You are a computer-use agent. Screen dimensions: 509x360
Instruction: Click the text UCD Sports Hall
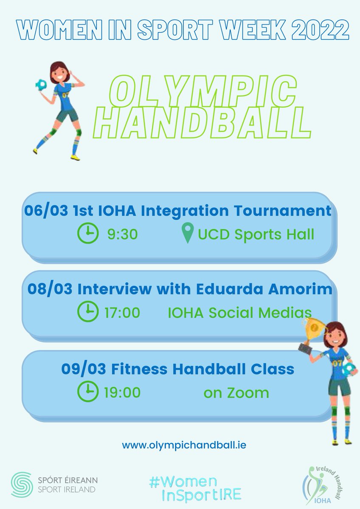pyautogui.click(x=256, y=234)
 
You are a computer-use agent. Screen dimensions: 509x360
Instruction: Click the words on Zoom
pyautogui.click(x=236, y=393)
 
